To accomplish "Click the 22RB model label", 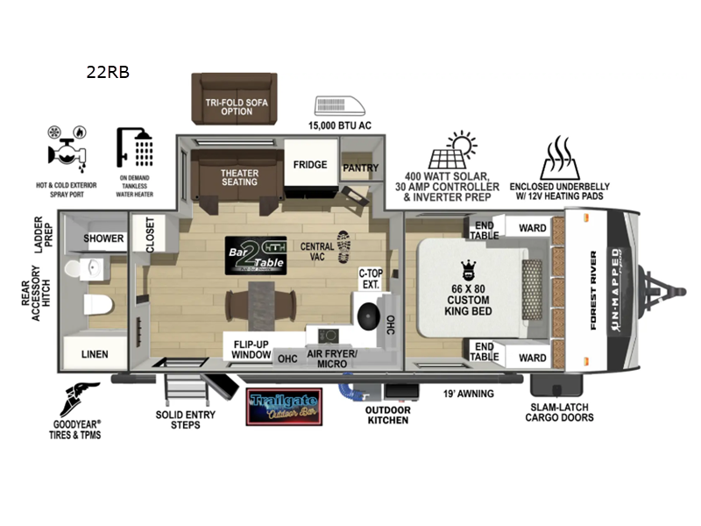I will point(108,73).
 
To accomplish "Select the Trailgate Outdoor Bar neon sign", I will point(283,406).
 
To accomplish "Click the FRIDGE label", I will point(310,165).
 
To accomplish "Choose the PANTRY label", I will point(359,167).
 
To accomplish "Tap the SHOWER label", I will point(104,238).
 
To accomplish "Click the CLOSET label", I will point(150,236).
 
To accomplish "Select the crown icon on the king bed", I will point(468,268).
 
